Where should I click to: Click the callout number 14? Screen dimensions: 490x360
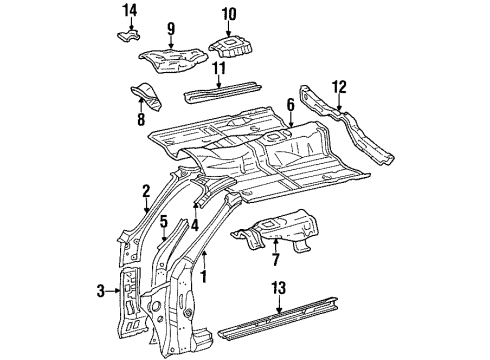pos(130,10)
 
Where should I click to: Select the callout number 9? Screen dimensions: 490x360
pos(171,29)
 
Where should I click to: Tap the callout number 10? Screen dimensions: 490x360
pos(229,14)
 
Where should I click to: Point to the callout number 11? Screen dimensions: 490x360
pos(219,68)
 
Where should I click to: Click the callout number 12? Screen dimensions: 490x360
pos(339,87)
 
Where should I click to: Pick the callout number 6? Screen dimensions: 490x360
pos(291,105)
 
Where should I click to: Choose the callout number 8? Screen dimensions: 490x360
pos(141,119)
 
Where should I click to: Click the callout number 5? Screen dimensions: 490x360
pos(163,221)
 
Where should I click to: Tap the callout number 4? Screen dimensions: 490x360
pos(195,225)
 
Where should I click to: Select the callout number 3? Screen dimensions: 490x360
pos(101,291)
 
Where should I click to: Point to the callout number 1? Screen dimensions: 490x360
pos(204,276)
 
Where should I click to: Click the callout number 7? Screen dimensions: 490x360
pos(275,259)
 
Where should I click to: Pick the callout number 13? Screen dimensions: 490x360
pos(279,287)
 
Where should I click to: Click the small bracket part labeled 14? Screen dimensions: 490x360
pos(128,35)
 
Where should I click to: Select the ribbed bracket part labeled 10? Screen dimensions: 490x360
pos(231,47)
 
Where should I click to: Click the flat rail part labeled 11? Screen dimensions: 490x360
pos(223,92)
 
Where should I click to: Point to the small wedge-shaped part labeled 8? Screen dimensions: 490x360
pos(147,96)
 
